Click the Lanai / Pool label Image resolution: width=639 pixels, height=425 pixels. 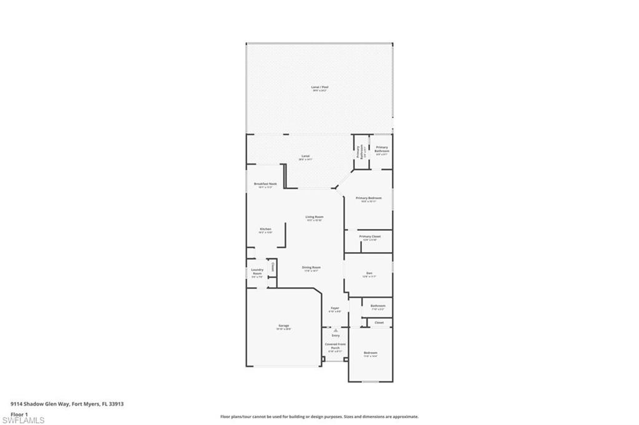[x=319, y=87]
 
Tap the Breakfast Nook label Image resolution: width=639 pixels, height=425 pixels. [x=265, y=184]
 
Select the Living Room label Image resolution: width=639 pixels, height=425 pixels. [x=314, y=217]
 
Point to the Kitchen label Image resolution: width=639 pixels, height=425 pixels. [x=265, y=229]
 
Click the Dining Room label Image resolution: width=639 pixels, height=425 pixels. [x=311, y=267]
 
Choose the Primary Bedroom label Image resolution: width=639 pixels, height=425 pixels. [x=368, y=198]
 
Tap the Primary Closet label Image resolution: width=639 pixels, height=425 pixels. [x=369, y=237]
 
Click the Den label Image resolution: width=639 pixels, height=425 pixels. [x=369, y=273]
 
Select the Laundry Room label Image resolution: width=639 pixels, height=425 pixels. [x=257, y=271]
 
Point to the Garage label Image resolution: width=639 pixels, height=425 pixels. [x=284, y=325]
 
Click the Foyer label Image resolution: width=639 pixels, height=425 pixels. [x=335, y=308]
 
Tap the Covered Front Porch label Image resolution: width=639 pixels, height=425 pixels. [x=335, y=346]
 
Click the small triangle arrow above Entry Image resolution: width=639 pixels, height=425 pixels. [x=335, y=330]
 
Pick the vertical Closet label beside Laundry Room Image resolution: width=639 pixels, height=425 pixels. [x=272, y=268]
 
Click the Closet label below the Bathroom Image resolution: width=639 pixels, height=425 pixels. [x=379, y=323]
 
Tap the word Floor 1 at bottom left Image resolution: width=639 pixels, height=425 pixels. [x=19, y=414]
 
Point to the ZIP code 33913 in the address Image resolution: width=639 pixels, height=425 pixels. [x=115, y=404]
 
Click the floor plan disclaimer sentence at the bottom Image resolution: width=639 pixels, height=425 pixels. [x=319, y=416]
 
